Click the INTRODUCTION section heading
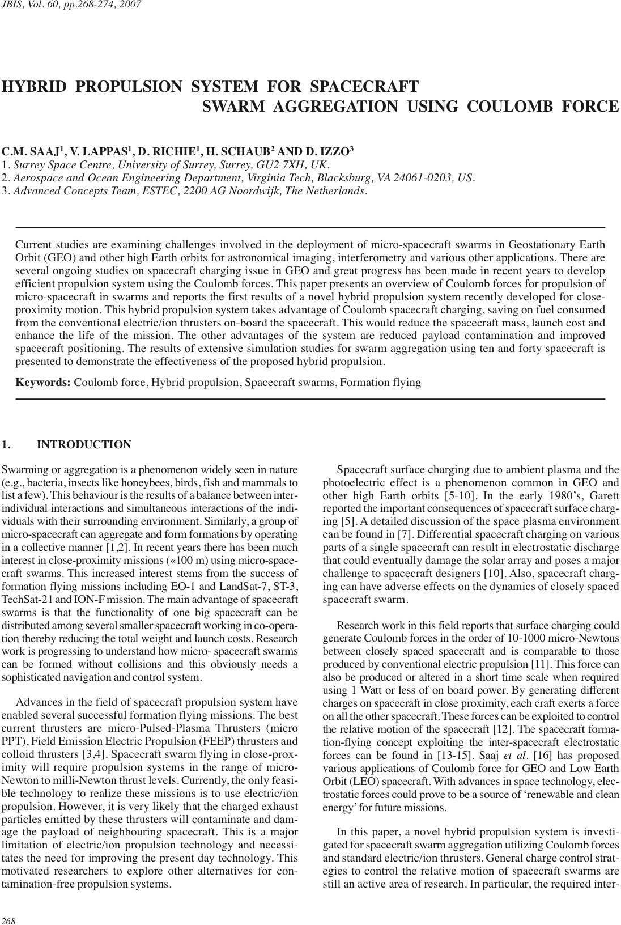[x=84, y=445]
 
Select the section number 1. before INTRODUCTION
[x=7, y=445]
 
